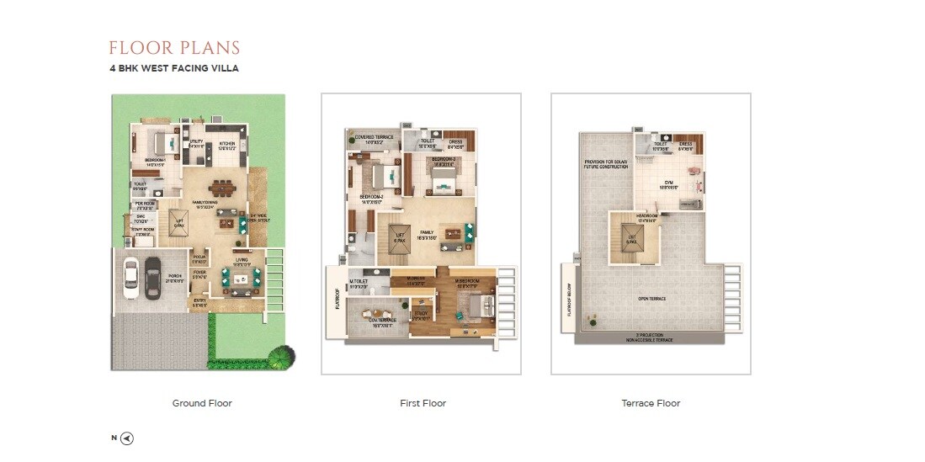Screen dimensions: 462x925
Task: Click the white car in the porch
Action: coord(130,275)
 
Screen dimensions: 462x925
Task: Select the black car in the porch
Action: coord(152,275)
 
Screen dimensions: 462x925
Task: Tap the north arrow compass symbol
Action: coord(126,438)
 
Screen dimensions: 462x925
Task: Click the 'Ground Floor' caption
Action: coord(202,403)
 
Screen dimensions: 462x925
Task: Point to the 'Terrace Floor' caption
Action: coord(651,403)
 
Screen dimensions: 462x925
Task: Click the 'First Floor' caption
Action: coord(423,403)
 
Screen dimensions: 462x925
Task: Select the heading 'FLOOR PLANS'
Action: coord(174,48)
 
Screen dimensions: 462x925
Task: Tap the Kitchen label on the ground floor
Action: coord(227,145)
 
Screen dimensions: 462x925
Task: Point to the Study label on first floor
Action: coord(420,316)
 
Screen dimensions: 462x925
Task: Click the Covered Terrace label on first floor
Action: coord(374,138)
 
